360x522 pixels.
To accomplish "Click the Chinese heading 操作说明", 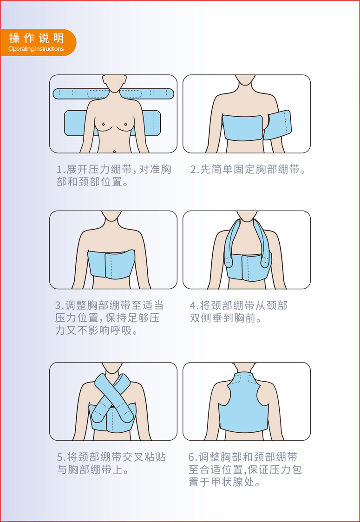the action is point(36,38).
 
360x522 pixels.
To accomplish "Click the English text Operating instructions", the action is point(36,49).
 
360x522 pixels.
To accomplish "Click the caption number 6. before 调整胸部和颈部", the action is point(194,457).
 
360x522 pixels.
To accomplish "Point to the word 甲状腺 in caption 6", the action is point(227,482).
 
